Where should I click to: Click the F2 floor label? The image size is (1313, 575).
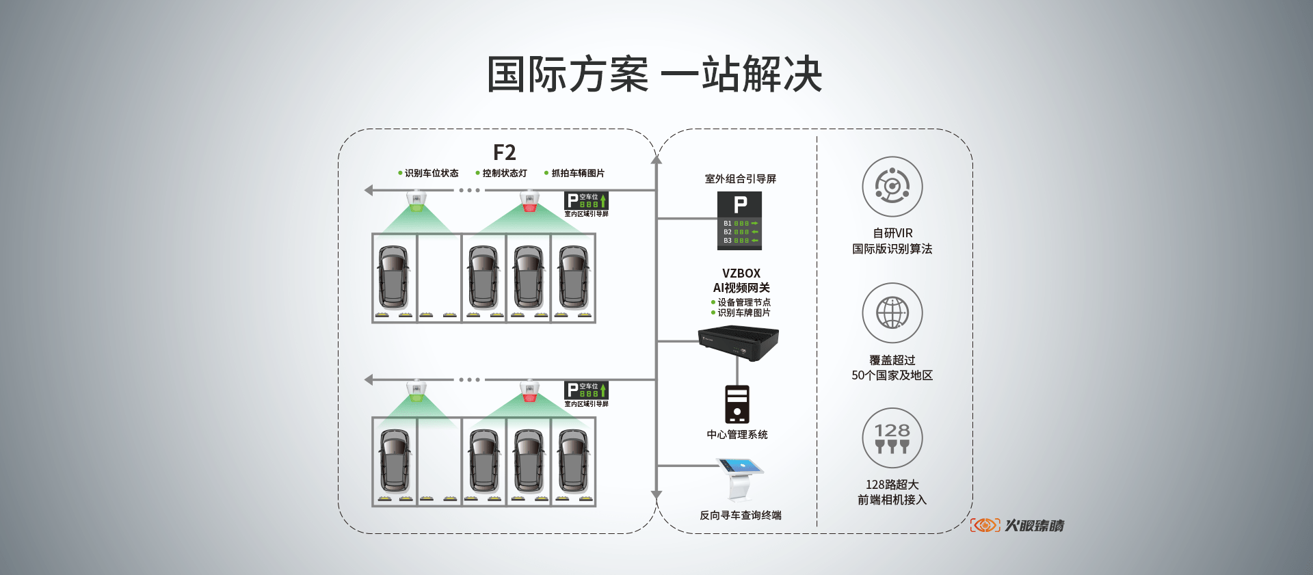point(504,152)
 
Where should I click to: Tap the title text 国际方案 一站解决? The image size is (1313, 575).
point(654,75)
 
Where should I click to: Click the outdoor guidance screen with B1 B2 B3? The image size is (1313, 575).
point(739,221)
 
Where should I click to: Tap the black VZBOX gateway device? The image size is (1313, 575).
point(738,343)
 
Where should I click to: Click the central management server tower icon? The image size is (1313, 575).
point(737,404)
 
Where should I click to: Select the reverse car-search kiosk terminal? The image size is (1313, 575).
point(739,479)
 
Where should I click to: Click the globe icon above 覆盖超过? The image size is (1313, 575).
point(892,313)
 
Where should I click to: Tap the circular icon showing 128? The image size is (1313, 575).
point(892,438)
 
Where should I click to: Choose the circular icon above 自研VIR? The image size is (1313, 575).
point(892,187)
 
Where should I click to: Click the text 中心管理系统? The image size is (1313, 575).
point(737,435)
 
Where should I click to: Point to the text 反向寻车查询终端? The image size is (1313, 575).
point(740,516)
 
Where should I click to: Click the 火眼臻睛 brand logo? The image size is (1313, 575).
point(1018,525)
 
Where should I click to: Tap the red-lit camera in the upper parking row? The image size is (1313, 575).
point(529,201)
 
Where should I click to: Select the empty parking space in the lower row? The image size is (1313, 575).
point(439,462)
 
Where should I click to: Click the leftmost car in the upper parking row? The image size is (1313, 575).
point(394,277)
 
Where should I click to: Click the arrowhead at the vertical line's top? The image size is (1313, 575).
point(656,159)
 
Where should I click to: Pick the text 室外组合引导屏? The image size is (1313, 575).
point(741,179)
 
